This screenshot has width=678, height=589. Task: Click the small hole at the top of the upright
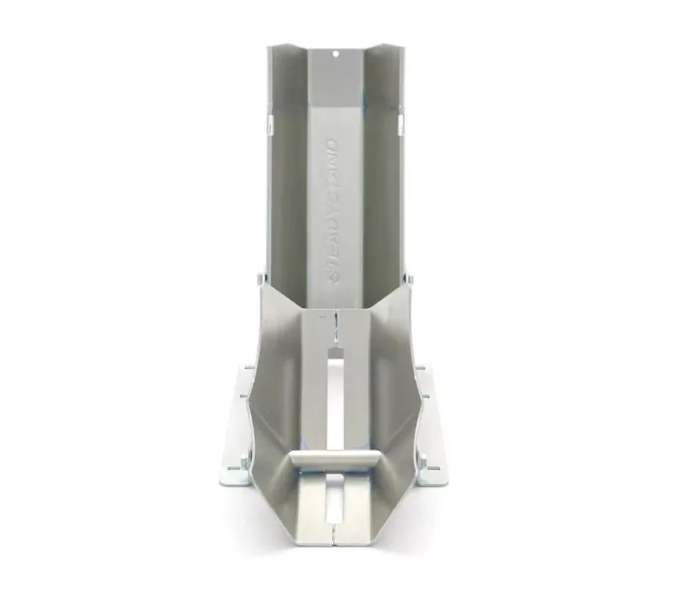point(335,54)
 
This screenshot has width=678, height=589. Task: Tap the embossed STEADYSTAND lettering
point(335,210)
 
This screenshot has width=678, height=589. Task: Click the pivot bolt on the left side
point(259,277)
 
